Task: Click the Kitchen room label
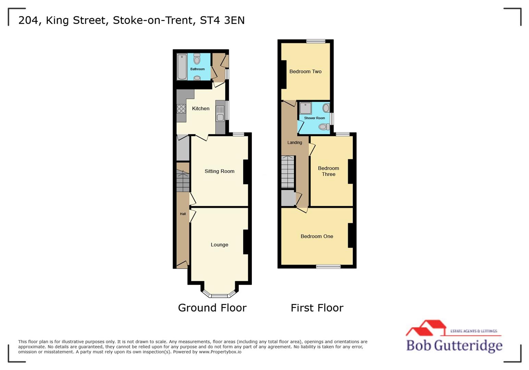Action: coord(200,109)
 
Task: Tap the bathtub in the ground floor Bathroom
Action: coord(182,67)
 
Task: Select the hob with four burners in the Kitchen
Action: coord(181,109)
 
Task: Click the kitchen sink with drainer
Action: coord(220,113)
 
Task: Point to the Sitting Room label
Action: coord(219,171)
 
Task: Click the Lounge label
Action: coord(219,245)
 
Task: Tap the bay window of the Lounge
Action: coord(219,295)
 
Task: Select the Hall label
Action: coord(183,214)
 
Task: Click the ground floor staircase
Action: coord(183,182)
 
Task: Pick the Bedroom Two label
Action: coord(305,72)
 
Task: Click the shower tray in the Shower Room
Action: coord(305,108)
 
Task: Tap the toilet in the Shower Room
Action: coord(323,127)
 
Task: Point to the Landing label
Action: coord(294,143)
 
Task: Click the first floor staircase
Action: coord(288,171)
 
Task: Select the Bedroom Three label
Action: coord(328,171)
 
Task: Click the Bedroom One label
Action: coord(317,236)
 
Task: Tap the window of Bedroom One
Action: coord(328,267)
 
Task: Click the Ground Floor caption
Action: coord(212,308)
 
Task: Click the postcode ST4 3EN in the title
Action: coord(222,20)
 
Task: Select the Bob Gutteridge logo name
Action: coord(454,345)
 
